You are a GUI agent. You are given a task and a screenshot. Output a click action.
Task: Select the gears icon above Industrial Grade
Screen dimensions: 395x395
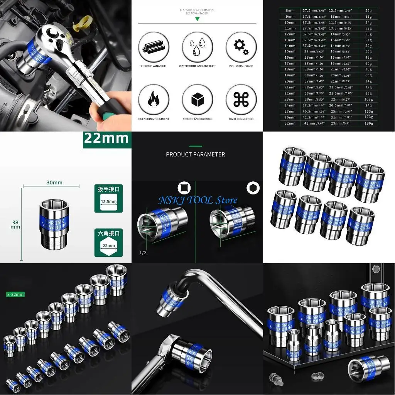pos(241,46)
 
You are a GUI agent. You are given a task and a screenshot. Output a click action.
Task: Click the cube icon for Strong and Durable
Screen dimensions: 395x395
pos(197,99)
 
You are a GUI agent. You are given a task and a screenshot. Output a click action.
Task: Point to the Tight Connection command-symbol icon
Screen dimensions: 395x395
pos(241,99)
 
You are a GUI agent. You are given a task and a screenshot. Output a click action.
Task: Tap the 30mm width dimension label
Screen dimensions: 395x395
pos(55,182)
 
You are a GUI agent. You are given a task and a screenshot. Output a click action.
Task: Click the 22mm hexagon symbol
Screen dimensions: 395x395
pos(109,246)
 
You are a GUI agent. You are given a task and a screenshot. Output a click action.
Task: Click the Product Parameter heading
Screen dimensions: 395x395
pos(195,154)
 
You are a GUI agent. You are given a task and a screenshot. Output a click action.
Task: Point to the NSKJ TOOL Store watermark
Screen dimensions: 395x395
pos(197,200)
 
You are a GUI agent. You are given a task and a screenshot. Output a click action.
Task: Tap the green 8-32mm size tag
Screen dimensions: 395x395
pos(15,294)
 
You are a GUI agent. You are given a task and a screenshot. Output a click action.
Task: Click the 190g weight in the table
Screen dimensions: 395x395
pos(369,123)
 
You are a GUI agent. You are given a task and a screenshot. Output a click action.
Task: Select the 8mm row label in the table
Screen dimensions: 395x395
pos(290,11)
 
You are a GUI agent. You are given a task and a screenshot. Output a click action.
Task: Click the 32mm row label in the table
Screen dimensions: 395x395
pos(290,123)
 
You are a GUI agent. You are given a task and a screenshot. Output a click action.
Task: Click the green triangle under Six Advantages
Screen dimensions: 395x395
pos(197,19)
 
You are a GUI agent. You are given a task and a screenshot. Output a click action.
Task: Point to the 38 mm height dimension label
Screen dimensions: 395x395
pos(15,225)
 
